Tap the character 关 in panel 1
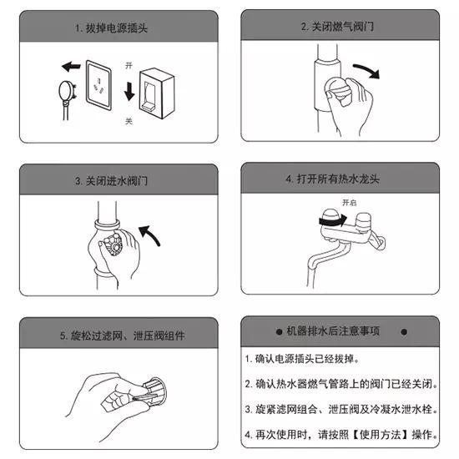tap(129, 120)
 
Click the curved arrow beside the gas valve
tap(365, 71)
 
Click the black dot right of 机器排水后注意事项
tap(404, 331)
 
